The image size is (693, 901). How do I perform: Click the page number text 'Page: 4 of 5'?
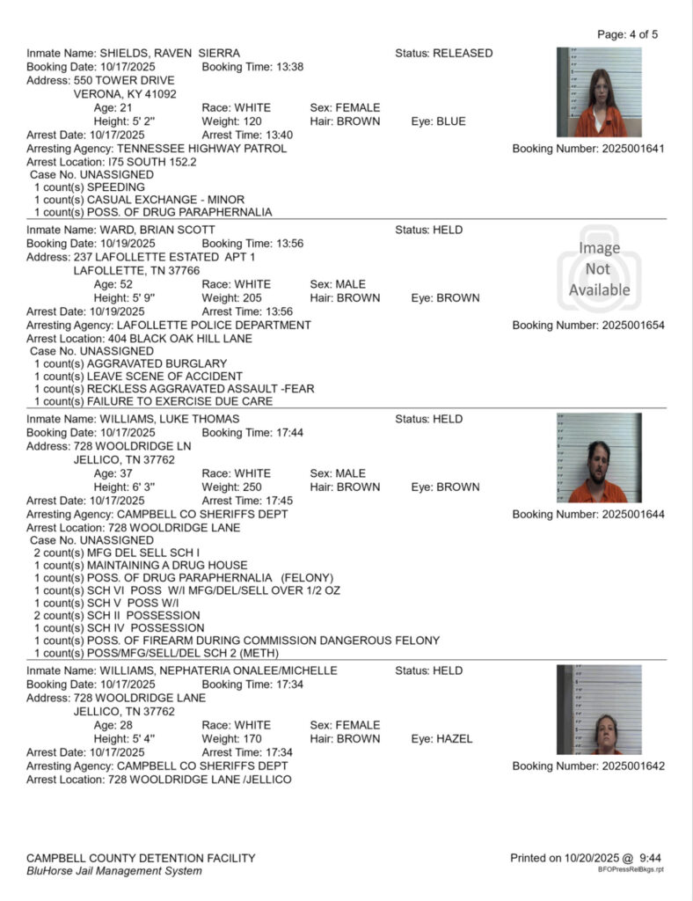[627, 34]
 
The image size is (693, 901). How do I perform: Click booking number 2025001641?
[588, 149]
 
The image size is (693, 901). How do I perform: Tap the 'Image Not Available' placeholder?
[599, 269]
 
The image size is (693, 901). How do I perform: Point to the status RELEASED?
[463, 53]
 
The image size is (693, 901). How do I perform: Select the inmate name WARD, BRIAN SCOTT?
[157, 230]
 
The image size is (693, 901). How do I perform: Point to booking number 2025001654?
[588, 326]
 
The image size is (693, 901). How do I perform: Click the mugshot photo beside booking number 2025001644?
[599, 458]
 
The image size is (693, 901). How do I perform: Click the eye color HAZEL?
[455, 739]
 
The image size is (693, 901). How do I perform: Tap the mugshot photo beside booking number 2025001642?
[599, 709]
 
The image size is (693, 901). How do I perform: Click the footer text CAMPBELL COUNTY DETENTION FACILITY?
[141, 858]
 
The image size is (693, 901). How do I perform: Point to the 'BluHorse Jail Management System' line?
[113, 871]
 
